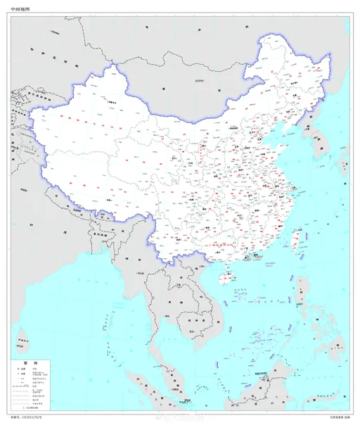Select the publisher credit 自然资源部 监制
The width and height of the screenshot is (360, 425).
click(x=338, y=417)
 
